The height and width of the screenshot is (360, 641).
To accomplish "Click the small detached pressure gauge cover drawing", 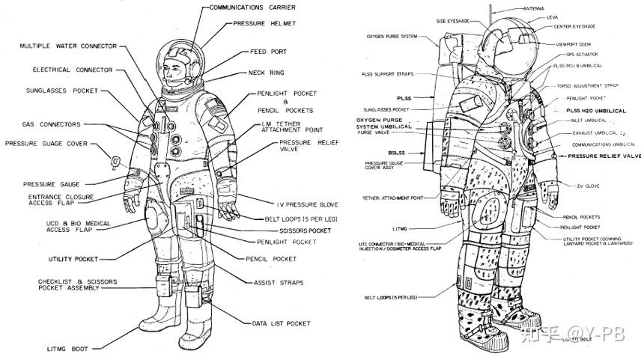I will (116, 160).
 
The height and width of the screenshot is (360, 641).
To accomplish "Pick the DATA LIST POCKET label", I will (281, 323).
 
